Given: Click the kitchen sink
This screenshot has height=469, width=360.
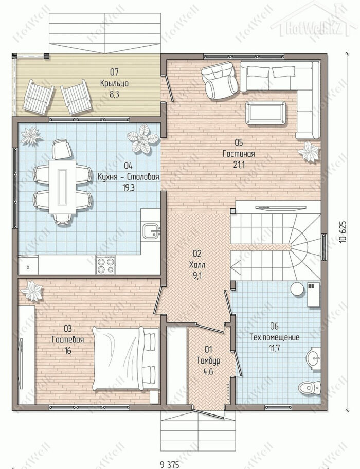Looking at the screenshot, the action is coord(152,231).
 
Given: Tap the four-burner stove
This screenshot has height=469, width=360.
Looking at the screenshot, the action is coord(106,265).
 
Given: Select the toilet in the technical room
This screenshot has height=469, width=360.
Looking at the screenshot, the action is coord(309,388).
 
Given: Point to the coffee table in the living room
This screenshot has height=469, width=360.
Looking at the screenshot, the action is coord(265,113).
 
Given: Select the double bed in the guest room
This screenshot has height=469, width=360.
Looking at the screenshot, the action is coord(126,358).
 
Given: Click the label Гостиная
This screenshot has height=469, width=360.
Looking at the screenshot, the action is coord(239,154).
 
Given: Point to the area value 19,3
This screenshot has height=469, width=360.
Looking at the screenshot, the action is coord(128,188).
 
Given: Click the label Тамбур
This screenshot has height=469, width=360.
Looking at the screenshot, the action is coord(208,360).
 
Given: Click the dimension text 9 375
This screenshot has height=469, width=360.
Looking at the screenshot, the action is coord(170,464).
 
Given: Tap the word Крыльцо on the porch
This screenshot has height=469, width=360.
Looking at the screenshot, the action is coord(114,83).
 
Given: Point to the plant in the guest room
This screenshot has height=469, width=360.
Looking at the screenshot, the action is coord(32,291).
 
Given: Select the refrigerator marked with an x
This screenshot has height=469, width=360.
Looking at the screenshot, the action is coord(28,265).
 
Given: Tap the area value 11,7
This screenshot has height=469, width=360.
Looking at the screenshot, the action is coord(274,349).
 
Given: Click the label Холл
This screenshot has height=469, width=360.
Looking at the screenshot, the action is coord(197,265).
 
